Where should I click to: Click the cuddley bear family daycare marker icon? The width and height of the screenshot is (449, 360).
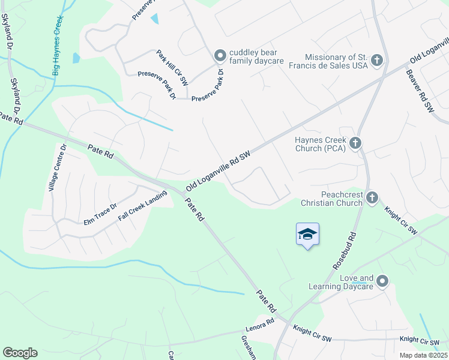(220, 56)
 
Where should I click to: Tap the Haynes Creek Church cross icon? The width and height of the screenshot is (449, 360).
(355, 143)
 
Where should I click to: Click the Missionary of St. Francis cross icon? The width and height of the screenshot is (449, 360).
(376, 59)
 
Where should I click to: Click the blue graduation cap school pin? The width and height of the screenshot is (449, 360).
(307, 235)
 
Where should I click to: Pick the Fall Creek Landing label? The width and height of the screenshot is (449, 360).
(142, 205)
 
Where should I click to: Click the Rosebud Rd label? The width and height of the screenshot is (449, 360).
(345, 251)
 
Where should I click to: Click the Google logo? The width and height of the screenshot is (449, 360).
(20, 353)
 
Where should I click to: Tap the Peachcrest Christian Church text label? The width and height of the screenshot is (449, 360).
(333, 199)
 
